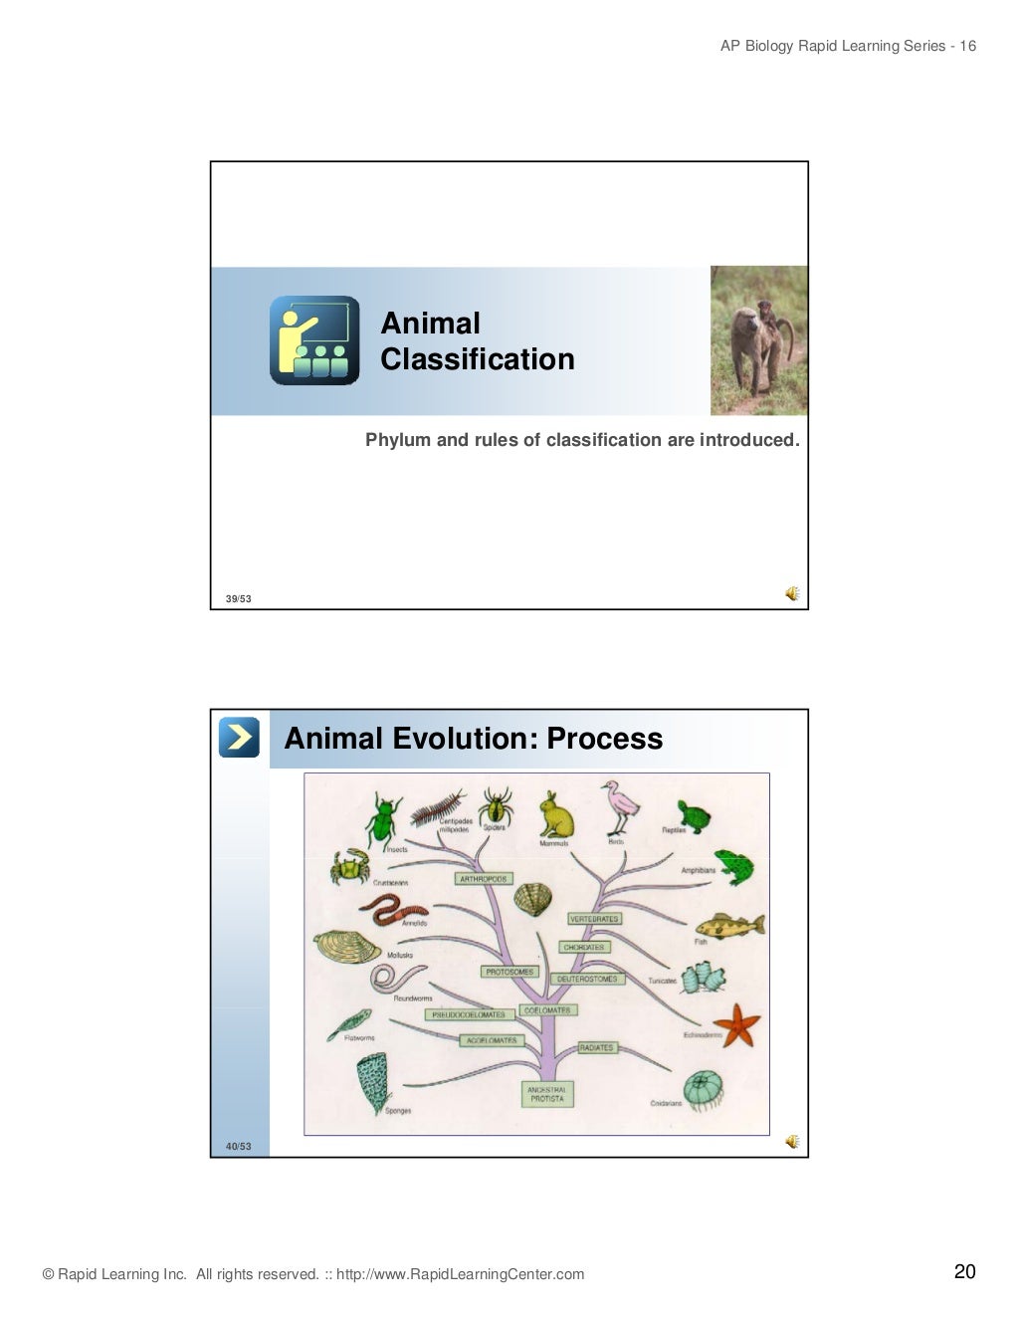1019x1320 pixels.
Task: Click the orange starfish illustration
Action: [738, 1025]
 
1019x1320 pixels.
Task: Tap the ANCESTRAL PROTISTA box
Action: [546, 1094]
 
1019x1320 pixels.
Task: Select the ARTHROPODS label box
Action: [484, 879]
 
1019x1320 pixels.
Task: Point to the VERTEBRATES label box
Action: [594, 919]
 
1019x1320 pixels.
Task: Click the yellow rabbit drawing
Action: [556, 815]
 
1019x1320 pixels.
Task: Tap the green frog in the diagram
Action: [734, 867]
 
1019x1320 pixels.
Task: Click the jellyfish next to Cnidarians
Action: [704, 1090]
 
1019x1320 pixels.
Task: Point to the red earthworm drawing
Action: [392, 908]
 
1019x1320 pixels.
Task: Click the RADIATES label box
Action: [596, 1047]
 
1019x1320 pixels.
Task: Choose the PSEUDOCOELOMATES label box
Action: [468, 1014]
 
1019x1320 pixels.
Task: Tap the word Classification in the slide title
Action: [478, 359]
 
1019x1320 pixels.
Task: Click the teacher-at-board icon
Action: [314, 340]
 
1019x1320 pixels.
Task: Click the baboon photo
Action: [759, 340]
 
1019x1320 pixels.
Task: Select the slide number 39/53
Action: [238, 598]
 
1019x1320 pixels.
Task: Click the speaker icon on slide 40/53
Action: [792, 1141]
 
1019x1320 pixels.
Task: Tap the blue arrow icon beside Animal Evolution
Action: [239, 738]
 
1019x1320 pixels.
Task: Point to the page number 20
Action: [964, 1271]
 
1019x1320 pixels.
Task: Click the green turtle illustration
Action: [695, 816]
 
